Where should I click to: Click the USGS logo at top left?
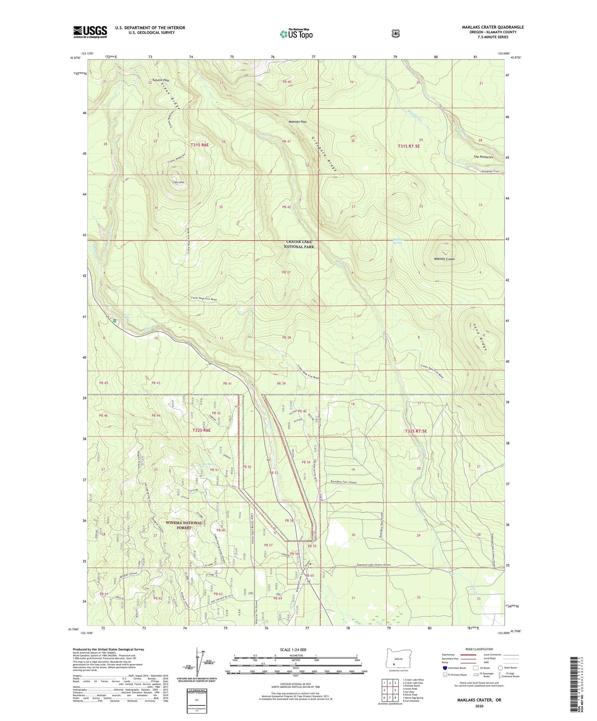[90, 32]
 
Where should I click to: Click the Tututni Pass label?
[160, 80]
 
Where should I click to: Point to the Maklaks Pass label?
[297, 122]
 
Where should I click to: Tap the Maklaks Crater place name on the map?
[444, 259]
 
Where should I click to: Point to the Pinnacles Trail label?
[490, 171]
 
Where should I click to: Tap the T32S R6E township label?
[201, 430]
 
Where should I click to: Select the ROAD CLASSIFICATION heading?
[479, 649]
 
